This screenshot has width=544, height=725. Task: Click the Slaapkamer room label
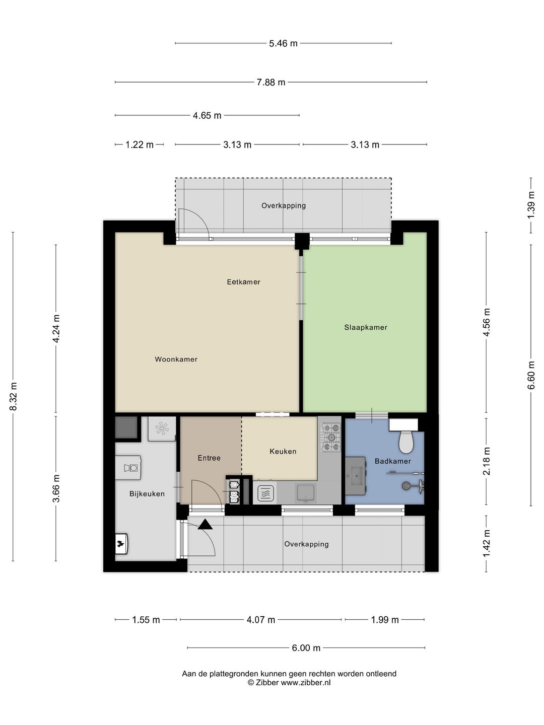pos(365,327)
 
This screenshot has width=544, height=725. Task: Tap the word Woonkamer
pos(176,359)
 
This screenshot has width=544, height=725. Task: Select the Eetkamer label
pos(243,282)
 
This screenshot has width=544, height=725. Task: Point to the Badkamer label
pos(393,461)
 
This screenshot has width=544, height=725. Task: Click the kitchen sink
pos(306,493)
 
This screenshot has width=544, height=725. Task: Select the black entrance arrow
pos(205,524)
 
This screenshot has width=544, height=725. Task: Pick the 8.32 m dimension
pos(13,396)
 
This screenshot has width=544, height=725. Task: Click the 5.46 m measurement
pos(283,43)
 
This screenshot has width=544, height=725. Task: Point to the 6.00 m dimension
pos(306,647)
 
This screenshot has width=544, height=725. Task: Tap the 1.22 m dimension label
pos(140,144)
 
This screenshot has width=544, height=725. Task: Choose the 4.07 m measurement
pos(260,620)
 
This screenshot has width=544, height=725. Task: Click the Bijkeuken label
pos(147,494)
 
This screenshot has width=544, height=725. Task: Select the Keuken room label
pos(283,451)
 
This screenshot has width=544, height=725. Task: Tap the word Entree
pos(209,458)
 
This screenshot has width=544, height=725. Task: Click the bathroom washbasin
pos(356,476)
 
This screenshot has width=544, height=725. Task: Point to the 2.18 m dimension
pos(486,461)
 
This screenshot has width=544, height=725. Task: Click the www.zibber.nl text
pos(306,682)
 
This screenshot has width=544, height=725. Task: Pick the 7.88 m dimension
pos(271,82)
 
